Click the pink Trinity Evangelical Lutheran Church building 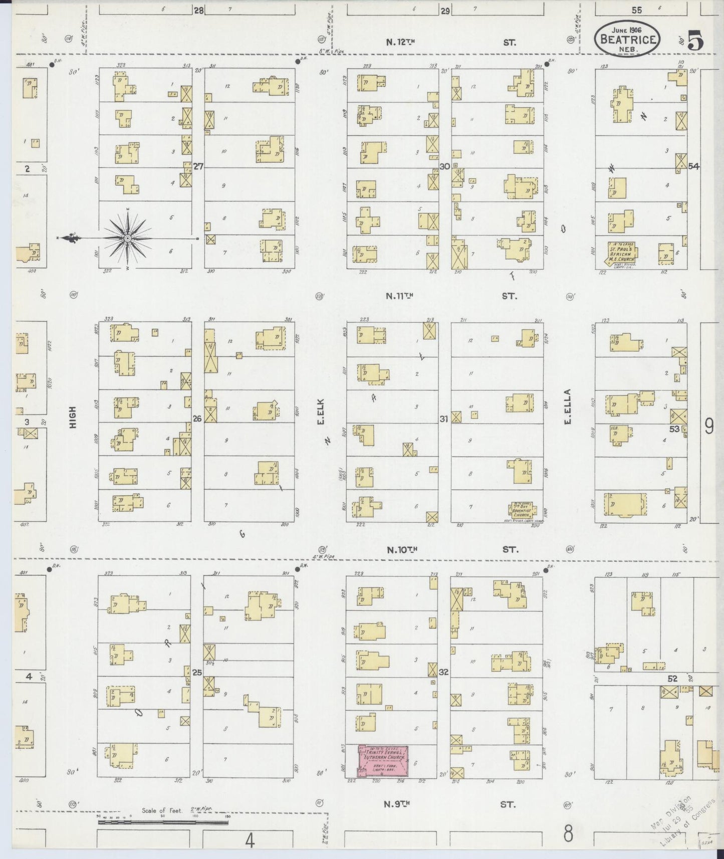[383, 761]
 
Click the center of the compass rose [128, 237]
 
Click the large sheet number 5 [695, 40]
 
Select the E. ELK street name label [321, 411]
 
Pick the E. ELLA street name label [568, 406]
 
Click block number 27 [198, 167]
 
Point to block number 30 [444, 167]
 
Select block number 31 [444, 419]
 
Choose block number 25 [197, 673]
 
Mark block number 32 [443, 673]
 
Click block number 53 [674, 429]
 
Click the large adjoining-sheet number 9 [709, 426]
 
